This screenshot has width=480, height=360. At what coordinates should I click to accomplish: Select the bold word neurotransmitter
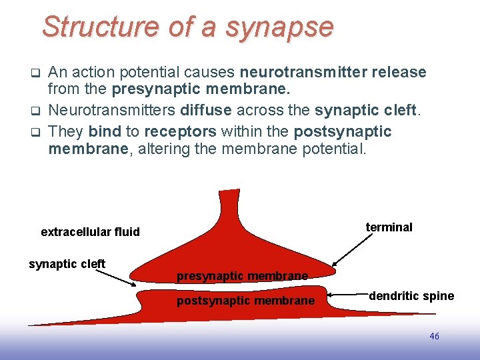[x=309, y=72]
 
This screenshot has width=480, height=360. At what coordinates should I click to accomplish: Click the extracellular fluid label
[x=90, y=232]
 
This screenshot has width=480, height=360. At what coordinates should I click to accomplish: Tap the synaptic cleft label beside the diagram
[x=67, y=264]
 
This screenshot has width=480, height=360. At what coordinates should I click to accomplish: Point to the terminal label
[x=389, y=227]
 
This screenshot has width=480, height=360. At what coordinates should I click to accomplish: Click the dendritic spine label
[x=411, y=296]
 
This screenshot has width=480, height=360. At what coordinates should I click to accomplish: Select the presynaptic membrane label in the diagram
[x=242, y=276]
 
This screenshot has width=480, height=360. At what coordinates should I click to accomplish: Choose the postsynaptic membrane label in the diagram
[x=245, y=301]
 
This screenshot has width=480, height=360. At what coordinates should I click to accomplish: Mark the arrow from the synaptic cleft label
[x=119, y=277]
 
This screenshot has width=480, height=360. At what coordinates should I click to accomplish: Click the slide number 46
[x=434, y=337]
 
